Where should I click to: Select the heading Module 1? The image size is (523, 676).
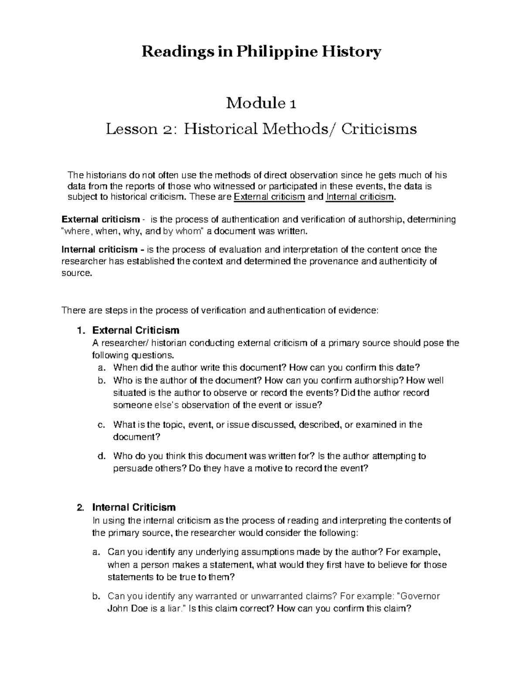[x=261, y=104]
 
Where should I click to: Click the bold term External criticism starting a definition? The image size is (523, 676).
[x=101, y=219]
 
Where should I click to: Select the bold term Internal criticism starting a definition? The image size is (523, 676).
[x=99, y=250]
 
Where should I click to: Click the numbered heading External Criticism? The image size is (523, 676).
[x=136, y=330]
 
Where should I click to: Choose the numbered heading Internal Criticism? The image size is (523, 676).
[x=134, y=507]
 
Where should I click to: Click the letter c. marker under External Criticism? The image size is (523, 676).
[x=101, y=425]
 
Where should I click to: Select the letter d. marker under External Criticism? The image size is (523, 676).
[x=101, y=457]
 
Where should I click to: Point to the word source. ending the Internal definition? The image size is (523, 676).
[x=77, y=273]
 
